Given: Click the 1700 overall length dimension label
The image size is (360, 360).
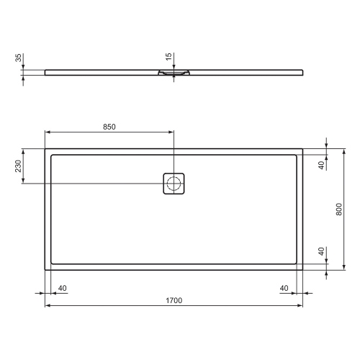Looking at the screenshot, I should point(172,299).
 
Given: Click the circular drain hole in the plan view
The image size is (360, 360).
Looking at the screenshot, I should point(174,183).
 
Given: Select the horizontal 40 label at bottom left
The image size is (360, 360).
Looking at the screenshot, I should point(62,288).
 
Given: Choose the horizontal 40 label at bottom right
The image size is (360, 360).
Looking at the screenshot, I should point(285,288).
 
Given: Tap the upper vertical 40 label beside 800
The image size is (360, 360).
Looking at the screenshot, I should point(320,164).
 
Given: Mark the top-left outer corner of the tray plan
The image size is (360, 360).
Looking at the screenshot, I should point(45,150).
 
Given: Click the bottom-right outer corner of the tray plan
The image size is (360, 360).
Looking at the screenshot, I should point(302,269).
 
